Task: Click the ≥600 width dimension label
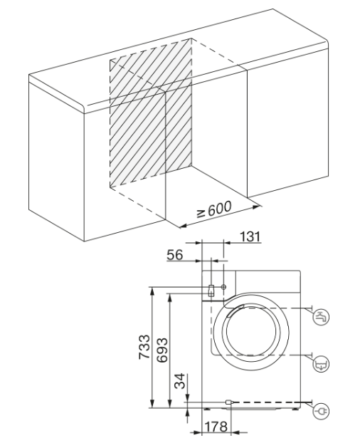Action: (x=214, y=209)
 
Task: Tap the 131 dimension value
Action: (x=250, y=236)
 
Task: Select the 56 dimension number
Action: (x=175, y=255)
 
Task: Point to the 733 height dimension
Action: (x=144, y=347)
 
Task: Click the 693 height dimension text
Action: (x=162, y=350)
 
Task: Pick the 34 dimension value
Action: (x=180, y=381)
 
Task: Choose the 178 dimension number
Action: (x=216, y=427)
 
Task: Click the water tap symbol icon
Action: (x=321, y=317)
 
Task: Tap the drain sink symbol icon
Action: (x=321, y=364)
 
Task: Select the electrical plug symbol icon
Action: (x=321, y=411)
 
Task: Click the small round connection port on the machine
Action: (x=223, y=287)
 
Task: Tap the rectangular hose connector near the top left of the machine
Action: (x=211, y=291)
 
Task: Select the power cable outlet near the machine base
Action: (x=228, y=402)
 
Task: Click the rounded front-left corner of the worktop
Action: (x=82, y=108)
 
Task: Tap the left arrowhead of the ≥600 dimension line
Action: (x=183, y=226)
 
